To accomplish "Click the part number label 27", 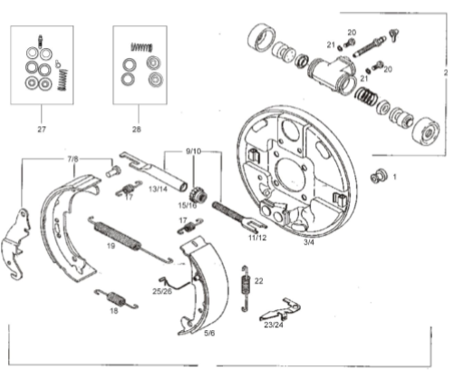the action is pyautogui.click(x=42, y=130).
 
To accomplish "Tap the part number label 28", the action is pyautogui.click(x=137, y=130).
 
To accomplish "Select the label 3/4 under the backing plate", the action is pyautogui.click(x=308, y=242).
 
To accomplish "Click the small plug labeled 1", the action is pyautogui.click(x=379, y=176).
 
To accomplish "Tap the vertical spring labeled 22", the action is pyautogui.click(x=246, y=288).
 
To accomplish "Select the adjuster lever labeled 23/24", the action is pyautogui.click(x=280, y=311).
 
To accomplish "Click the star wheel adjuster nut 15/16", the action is pyautogui.click(x=198, y=195).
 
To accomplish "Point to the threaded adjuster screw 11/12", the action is pyautogui.click(x=238, y=215).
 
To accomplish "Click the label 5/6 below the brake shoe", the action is pyautogui.click(x=209, y=333).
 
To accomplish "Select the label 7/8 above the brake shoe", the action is pyautogui.click(x=72, y=159).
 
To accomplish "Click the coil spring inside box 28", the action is pyautogui.click(x=141, y=47).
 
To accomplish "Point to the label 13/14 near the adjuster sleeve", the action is pyautogui.click(x=158, y=190).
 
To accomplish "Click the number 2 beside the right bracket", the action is pyautogui.click(x=446, y=73).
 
